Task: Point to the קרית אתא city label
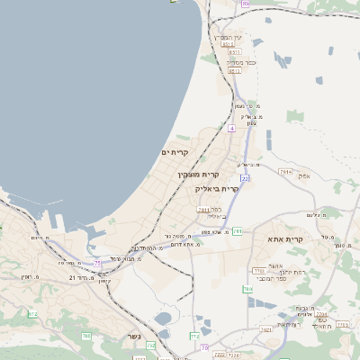click(285, 239)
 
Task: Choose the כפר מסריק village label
click(240, 63)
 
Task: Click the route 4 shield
click(231, 129)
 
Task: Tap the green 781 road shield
click(237, 231)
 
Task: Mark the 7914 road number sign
click(286, 170)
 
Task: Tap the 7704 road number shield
click(259, 270)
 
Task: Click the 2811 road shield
click(204, 210)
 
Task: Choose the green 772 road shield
click(194, 336)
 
